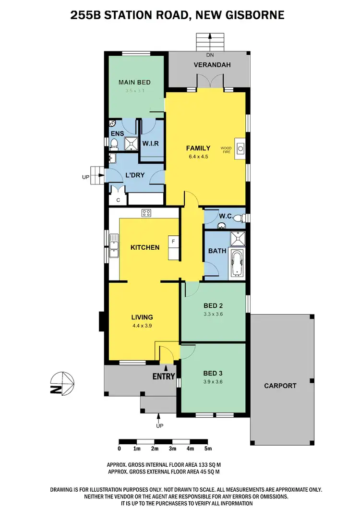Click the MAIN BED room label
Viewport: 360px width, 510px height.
point(134,82)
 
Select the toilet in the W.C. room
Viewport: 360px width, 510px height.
point(242,219)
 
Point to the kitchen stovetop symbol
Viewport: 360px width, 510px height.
point(146,213)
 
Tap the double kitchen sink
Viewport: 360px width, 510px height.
point(114,245)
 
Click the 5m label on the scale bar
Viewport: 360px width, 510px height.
point(208,449)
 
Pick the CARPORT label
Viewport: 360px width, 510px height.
point(280,386)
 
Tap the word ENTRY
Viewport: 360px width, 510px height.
point(164,376)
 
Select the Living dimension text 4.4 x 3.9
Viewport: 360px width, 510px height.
point(142,325)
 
